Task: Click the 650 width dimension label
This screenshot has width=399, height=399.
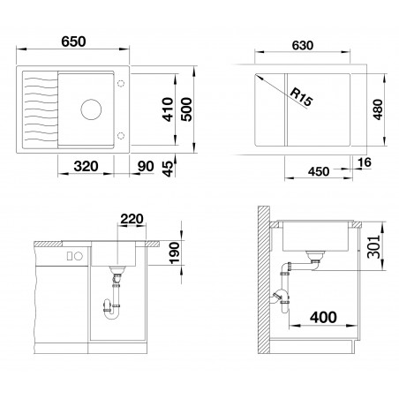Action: click(73, 41)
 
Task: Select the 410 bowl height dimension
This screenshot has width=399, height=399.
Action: click(169, 109)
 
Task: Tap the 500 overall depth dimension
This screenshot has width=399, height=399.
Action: click(186, 109)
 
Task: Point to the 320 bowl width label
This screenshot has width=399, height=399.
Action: click(86, 166)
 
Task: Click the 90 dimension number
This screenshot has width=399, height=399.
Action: click(146, 166)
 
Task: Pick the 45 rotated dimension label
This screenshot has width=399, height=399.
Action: click(169, 169)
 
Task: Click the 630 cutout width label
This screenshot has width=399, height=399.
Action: click(303, 45)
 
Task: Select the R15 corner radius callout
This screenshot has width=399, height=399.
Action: click(300, 97)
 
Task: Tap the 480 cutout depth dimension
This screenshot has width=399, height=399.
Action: click(378, 109)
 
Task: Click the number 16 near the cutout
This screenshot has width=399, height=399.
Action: click(365, 162)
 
